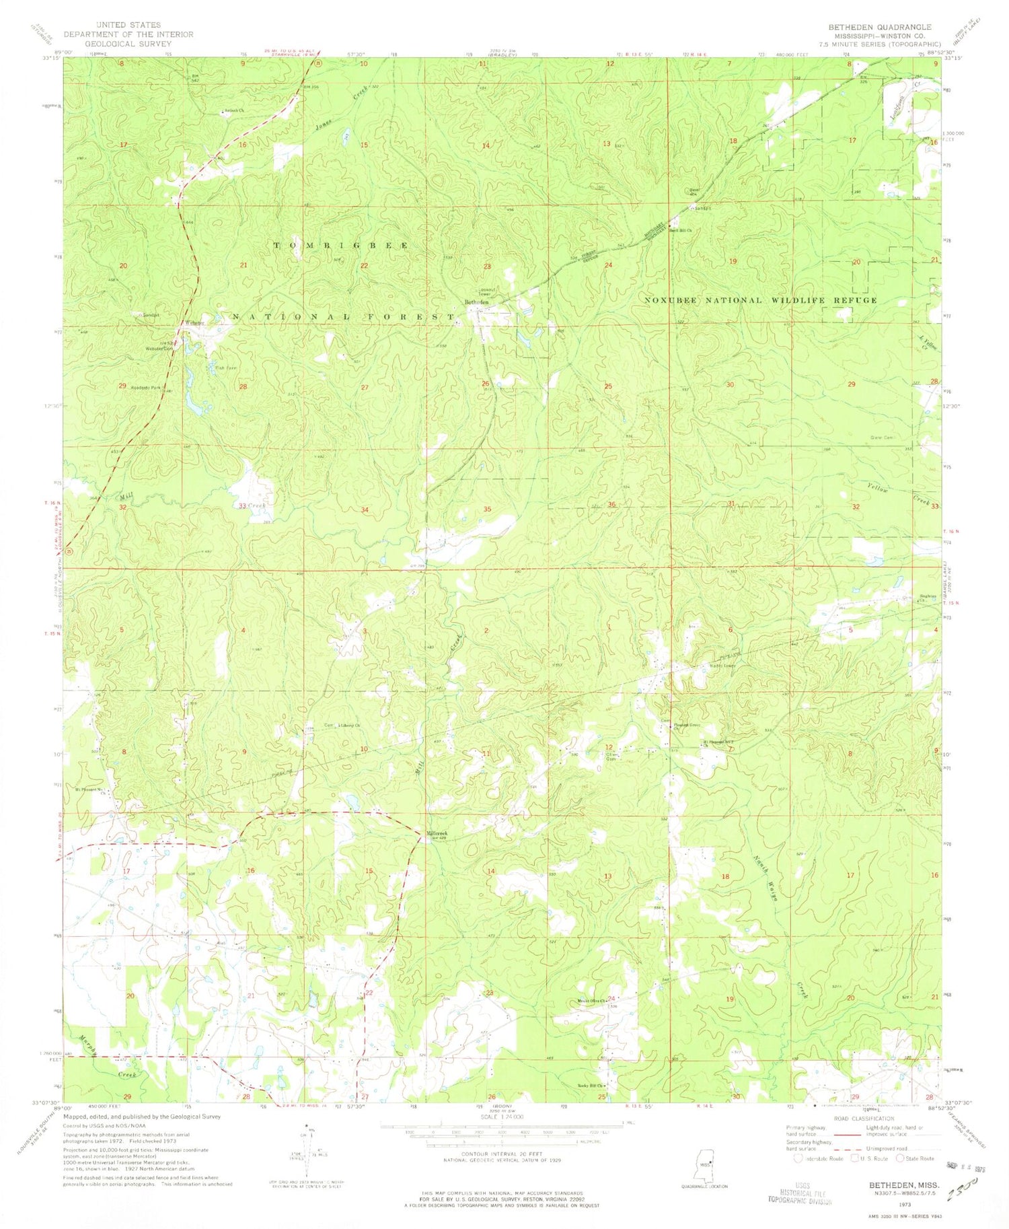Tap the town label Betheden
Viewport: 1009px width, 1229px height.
click(477, 302)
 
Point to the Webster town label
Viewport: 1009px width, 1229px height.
click(194, 322)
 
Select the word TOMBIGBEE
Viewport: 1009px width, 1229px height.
click(340, 246)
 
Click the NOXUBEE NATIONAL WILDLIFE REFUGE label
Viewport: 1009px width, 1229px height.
click(760, 300)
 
